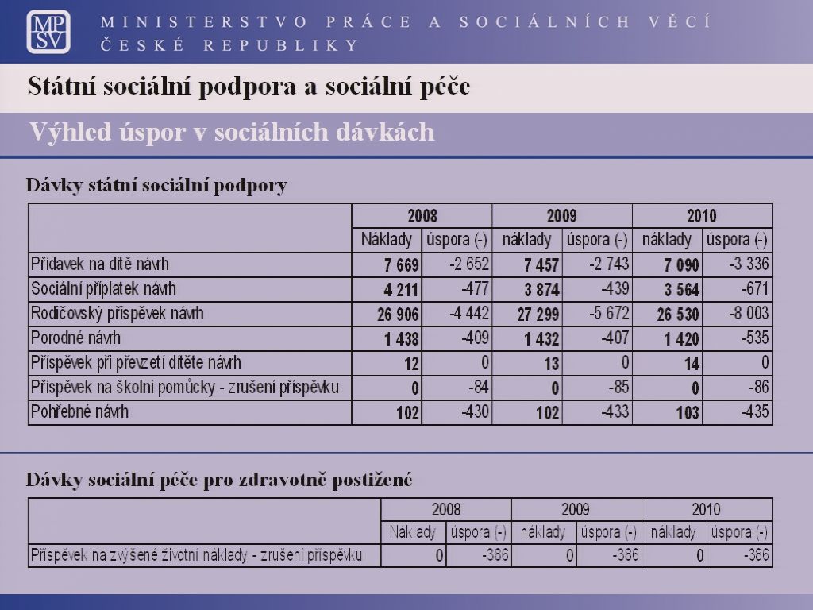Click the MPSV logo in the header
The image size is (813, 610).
coord(48,32)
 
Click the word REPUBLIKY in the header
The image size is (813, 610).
coord(281,45)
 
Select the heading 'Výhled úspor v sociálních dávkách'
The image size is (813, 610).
coord(232,133)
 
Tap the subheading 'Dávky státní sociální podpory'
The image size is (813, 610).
coord(156,185)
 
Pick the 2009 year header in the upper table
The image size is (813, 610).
coord(561,216)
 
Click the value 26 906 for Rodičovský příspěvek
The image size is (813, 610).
coord(398,315)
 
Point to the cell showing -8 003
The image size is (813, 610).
coord(749,313)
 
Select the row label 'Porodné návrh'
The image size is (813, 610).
coord(75,338)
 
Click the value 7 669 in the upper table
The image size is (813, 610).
coord(401,265)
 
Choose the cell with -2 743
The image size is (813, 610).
coord(609,264)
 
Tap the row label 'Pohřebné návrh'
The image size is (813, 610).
coord(79,412)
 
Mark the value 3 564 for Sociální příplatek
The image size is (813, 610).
coord(682,289)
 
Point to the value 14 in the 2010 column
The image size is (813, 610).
coord(692,364)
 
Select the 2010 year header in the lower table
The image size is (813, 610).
coord(706,509)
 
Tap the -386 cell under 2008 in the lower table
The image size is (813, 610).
coord(495,555)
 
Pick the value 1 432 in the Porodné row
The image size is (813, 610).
coord(541,339)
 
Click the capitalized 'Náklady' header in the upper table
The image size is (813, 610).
coord(387,240)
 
